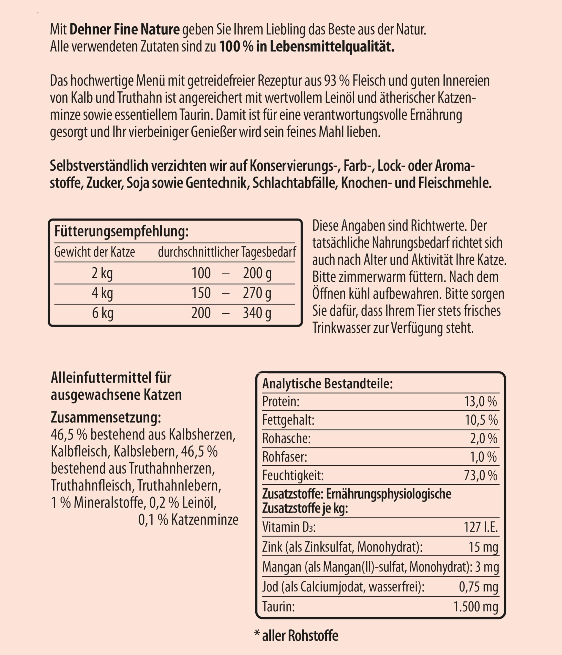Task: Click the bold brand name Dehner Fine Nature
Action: point(124,30)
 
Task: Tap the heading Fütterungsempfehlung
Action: point(121,231)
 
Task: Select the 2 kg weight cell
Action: point(102,273)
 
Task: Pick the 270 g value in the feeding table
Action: point(257,293)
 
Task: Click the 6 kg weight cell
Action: point(102,313)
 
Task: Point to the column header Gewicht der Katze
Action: point(95,252)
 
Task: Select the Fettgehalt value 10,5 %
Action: point(481,420)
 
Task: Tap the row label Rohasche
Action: point(286,439)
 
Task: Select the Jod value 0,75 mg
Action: point(478,587)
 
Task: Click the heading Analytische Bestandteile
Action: point(327,384)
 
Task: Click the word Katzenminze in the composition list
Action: point(204,520)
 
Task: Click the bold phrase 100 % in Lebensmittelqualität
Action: point(307,47)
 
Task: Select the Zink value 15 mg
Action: point(483,547)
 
